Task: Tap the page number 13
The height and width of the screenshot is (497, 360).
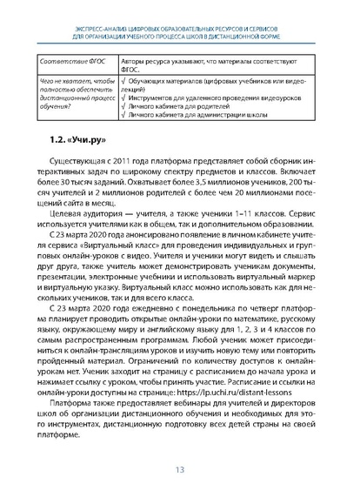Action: [180, 470]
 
